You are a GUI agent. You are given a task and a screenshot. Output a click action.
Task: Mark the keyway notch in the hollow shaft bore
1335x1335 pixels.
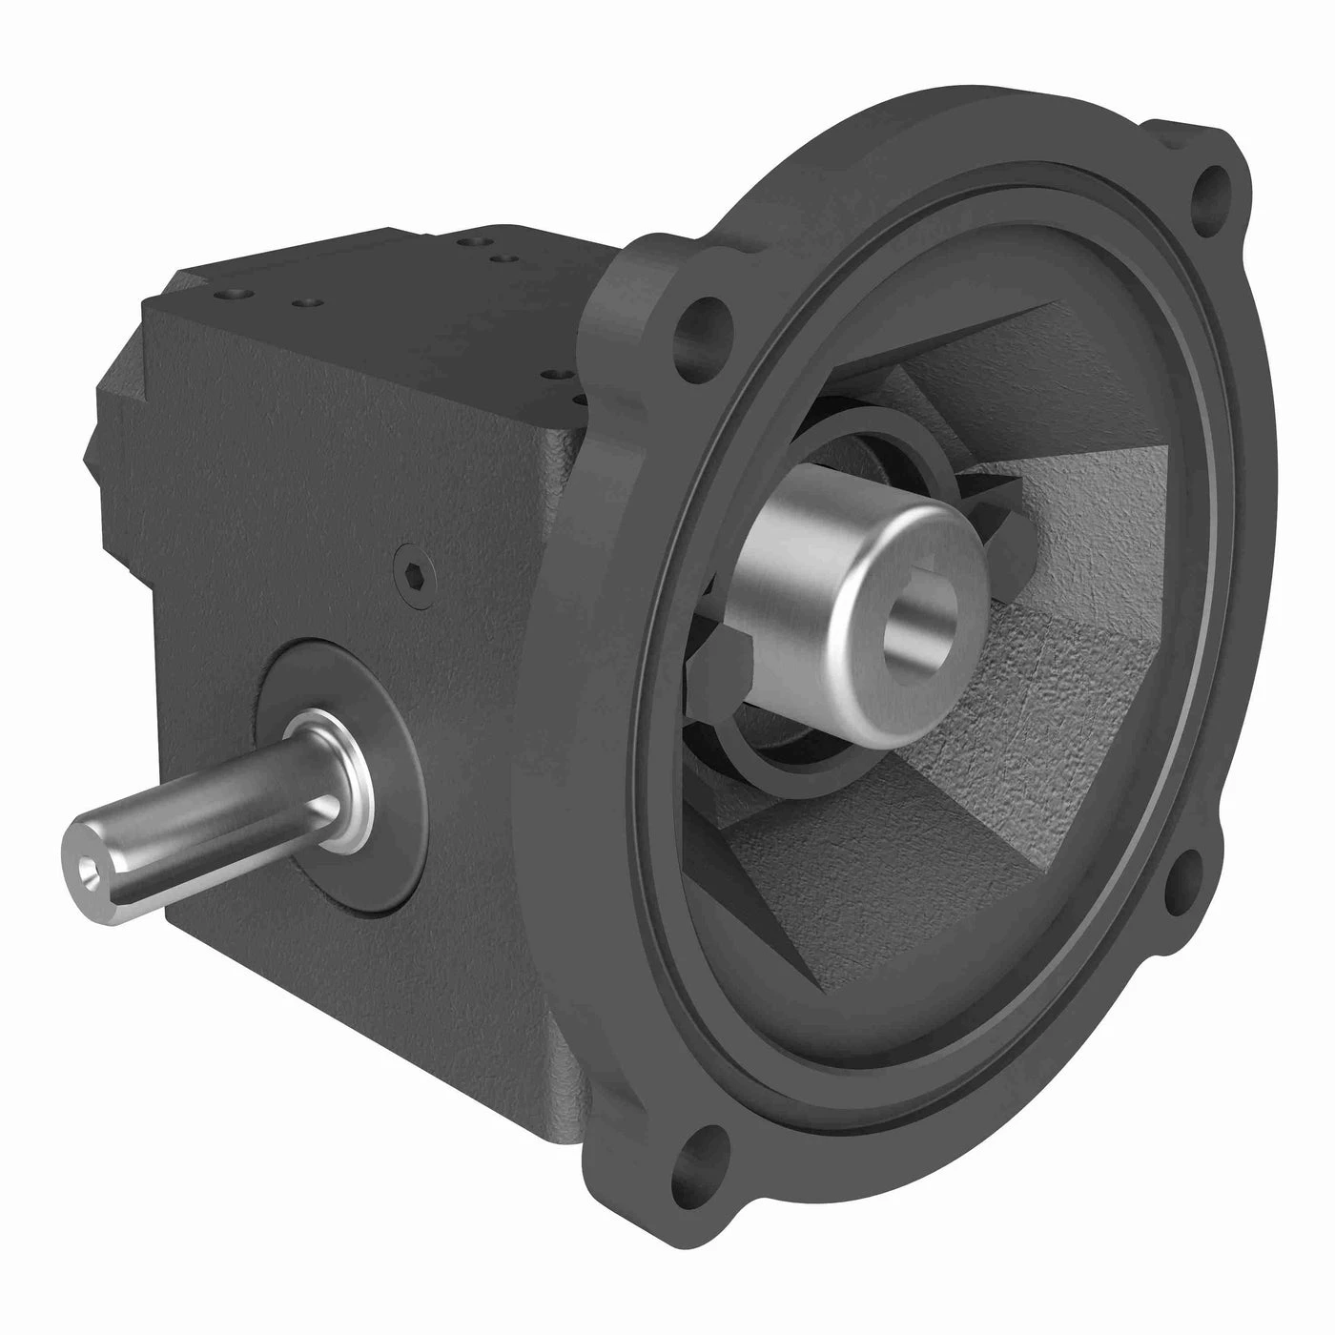click(939, 604)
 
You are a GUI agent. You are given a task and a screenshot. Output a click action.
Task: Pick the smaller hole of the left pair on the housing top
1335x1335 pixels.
click(304, 303)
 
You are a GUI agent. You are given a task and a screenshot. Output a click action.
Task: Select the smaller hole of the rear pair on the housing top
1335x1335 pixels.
click(501, 256)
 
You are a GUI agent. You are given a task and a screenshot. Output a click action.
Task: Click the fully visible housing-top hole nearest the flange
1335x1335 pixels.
click(552, 378)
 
